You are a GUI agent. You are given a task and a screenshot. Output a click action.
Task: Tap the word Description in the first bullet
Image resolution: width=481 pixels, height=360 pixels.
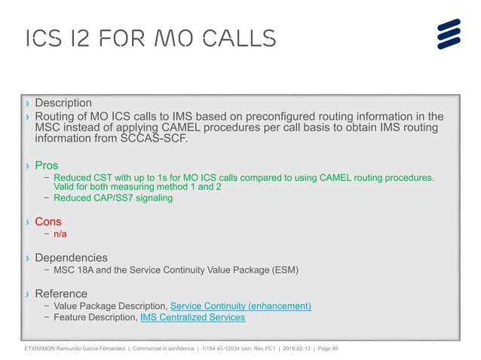pos(63,102)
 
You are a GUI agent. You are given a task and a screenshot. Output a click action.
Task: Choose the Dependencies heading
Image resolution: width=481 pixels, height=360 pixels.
pos(72,258)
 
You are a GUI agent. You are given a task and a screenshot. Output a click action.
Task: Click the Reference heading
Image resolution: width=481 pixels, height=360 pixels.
pos(61,294)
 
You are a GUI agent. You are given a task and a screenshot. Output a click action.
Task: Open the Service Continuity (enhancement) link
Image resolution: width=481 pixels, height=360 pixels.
pos(241,306)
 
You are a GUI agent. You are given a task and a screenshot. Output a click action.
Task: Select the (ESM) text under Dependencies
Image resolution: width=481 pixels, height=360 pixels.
pos(283,270)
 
